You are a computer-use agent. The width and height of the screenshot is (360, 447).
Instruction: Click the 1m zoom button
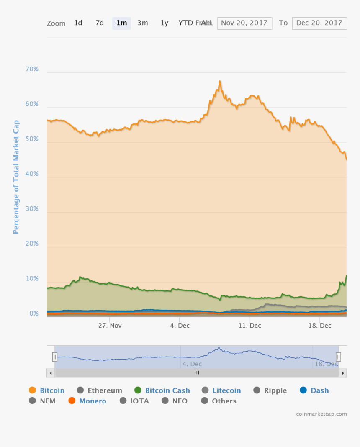pos(121,23)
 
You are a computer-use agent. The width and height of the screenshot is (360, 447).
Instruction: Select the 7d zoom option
pos(100,23)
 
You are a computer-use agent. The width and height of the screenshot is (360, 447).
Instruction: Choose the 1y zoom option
pos(165,23)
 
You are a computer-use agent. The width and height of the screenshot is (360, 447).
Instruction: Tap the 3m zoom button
pos(143,23)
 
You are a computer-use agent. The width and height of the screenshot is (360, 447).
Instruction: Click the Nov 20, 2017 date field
pos(244,23)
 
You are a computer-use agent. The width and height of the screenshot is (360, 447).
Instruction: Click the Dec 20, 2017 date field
pos(319,23)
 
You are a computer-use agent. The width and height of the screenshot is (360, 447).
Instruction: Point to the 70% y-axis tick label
pos(32,69)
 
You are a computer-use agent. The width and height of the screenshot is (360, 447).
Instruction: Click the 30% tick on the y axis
pos(32,209)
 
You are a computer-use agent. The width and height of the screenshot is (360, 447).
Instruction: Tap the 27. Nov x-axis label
pos(110,326)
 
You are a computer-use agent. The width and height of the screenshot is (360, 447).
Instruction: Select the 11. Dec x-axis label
pos(249,326)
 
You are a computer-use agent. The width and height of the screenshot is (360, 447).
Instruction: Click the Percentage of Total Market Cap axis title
pos(16,177)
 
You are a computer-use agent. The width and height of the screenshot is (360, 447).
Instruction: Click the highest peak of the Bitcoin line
pos(220,81)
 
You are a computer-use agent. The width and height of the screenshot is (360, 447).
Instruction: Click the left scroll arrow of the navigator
pos(51,373)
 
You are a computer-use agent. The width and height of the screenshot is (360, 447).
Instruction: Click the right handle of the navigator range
pos(338,357)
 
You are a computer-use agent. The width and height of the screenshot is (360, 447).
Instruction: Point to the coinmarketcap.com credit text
pos(321,414)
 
